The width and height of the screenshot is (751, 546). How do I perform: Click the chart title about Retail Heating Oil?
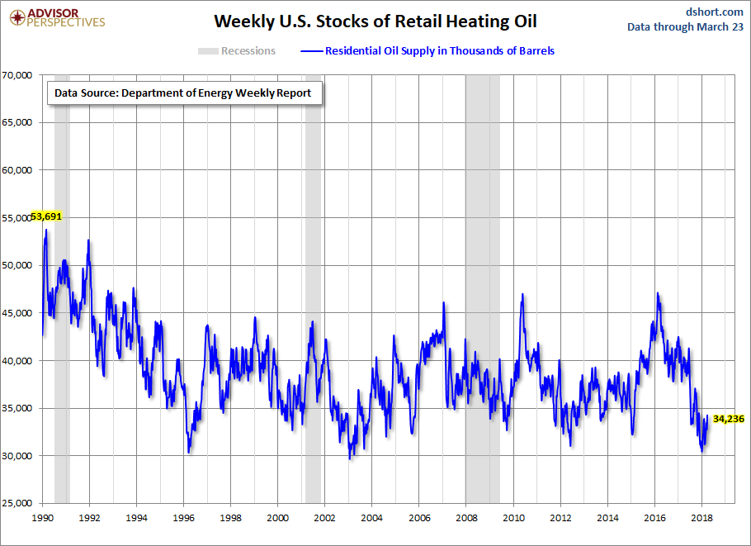coord(375,21)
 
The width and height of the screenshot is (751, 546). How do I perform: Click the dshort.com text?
coord(715,11)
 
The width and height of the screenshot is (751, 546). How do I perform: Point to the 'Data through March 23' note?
coord(685,26)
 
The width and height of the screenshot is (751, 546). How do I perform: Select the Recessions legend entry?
coord(237,51)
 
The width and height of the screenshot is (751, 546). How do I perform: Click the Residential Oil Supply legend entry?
coord(428,51)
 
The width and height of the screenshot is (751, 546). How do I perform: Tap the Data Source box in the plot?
coord(183,93)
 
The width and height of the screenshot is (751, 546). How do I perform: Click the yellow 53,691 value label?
coord(46,216)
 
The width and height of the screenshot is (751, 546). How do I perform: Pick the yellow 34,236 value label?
coord(729,419)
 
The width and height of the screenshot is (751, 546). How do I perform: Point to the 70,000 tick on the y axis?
coord(17,75)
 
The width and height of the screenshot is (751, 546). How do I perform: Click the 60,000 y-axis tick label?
coord(17,170)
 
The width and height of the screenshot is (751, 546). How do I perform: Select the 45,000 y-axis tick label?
coord(17,313)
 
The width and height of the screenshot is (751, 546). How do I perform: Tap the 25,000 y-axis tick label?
coord(17,503)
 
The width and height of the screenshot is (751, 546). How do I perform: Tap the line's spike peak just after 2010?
coord(522,295)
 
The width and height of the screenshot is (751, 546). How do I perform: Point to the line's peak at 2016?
coord(658,293)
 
